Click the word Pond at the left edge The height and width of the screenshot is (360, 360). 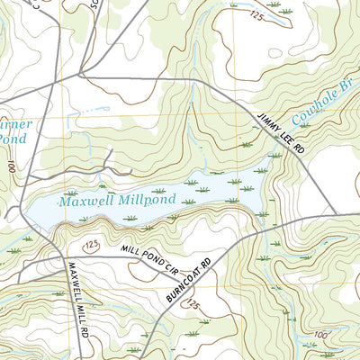(13, 139)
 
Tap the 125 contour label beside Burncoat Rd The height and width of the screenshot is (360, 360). (192, 306)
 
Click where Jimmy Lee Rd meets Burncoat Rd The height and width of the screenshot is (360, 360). (337, 214)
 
